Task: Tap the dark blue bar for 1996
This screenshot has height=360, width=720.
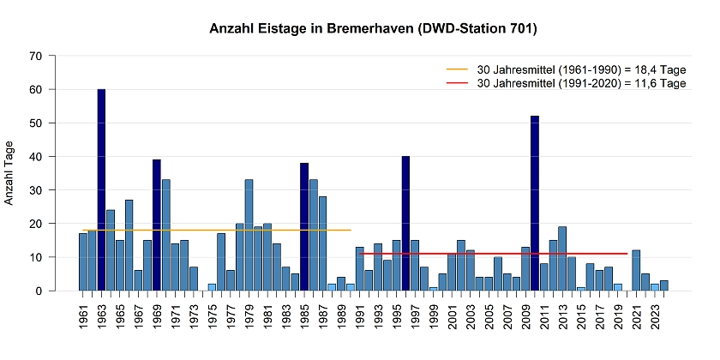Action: point(405,223)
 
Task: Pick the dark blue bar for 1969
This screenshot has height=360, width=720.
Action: point(157,225)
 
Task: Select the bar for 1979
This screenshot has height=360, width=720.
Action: point(249,235)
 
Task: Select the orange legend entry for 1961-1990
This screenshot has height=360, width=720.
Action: point(566,69)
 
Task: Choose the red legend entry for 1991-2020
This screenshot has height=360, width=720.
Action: point(566,83)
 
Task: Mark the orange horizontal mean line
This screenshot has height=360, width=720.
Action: point(214,230)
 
